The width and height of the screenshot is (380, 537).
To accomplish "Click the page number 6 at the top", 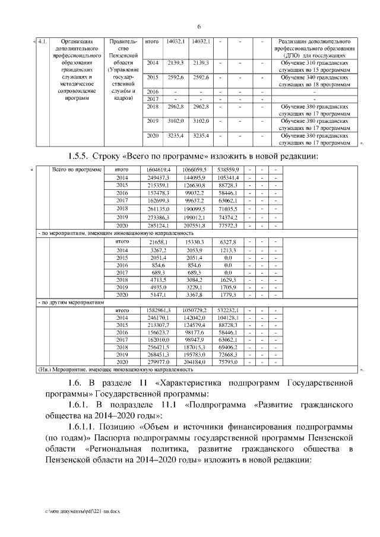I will (x=199, y=27).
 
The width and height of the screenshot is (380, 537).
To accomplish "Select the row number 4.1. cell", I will (x=43, y=42).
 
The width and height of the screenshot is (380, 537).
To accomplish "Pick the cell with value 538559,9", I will (x=228, y=170).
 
